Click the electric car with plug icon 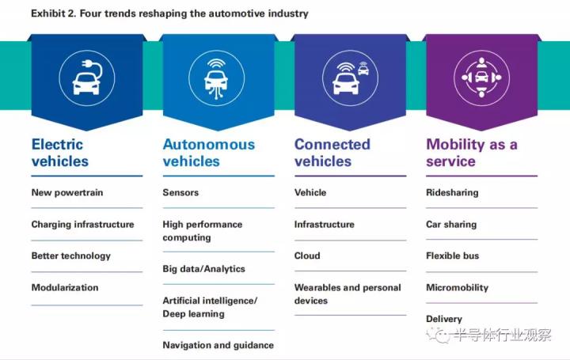click(x=87, y=78)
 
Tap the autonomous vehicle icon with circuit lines click(x=217, y=78)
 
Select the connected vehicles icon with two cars click(x=351, y=78)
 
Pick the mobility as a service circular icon click(x=481, y=78)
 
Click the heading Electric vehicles click(x=60, y=153)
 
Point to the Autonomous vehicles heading click(x=209, y=153)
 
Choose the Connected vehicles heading click(x=332, y=153)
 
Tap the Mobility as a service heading click(x=472, y=153)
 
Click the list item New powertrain click(x=67, y=192)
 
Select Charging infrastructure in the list click(x=82, y=225)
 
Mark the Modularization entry click(x=65, y=287)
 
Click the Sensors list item click(x=180, y=192)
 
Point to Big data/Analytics click(x=204, y=269)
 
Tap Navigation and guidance click(x=218, y=345)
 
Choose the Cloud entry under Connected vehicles click(x=307, y=256)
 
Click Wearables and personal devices click(x=348, y=294)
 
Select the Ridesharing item click(x=452, y=192)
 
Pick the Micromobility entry click(x=458, y=288)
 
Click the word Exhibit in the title click(x=48, y=13)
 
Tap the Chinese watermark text click(x=503, y=335)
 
